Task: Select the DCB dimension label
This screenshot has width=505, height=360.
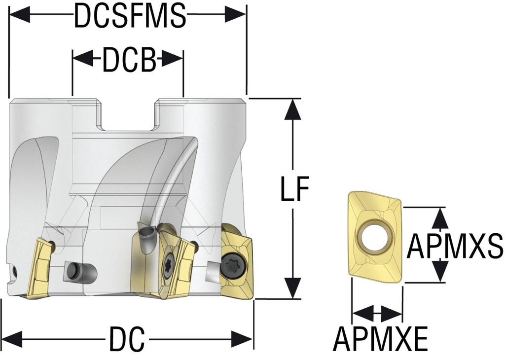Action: pyautogui.click(x=129, y=62)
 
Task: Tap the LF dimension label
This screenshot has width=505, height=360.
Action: pyautogui.click(x=294, y=189)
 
